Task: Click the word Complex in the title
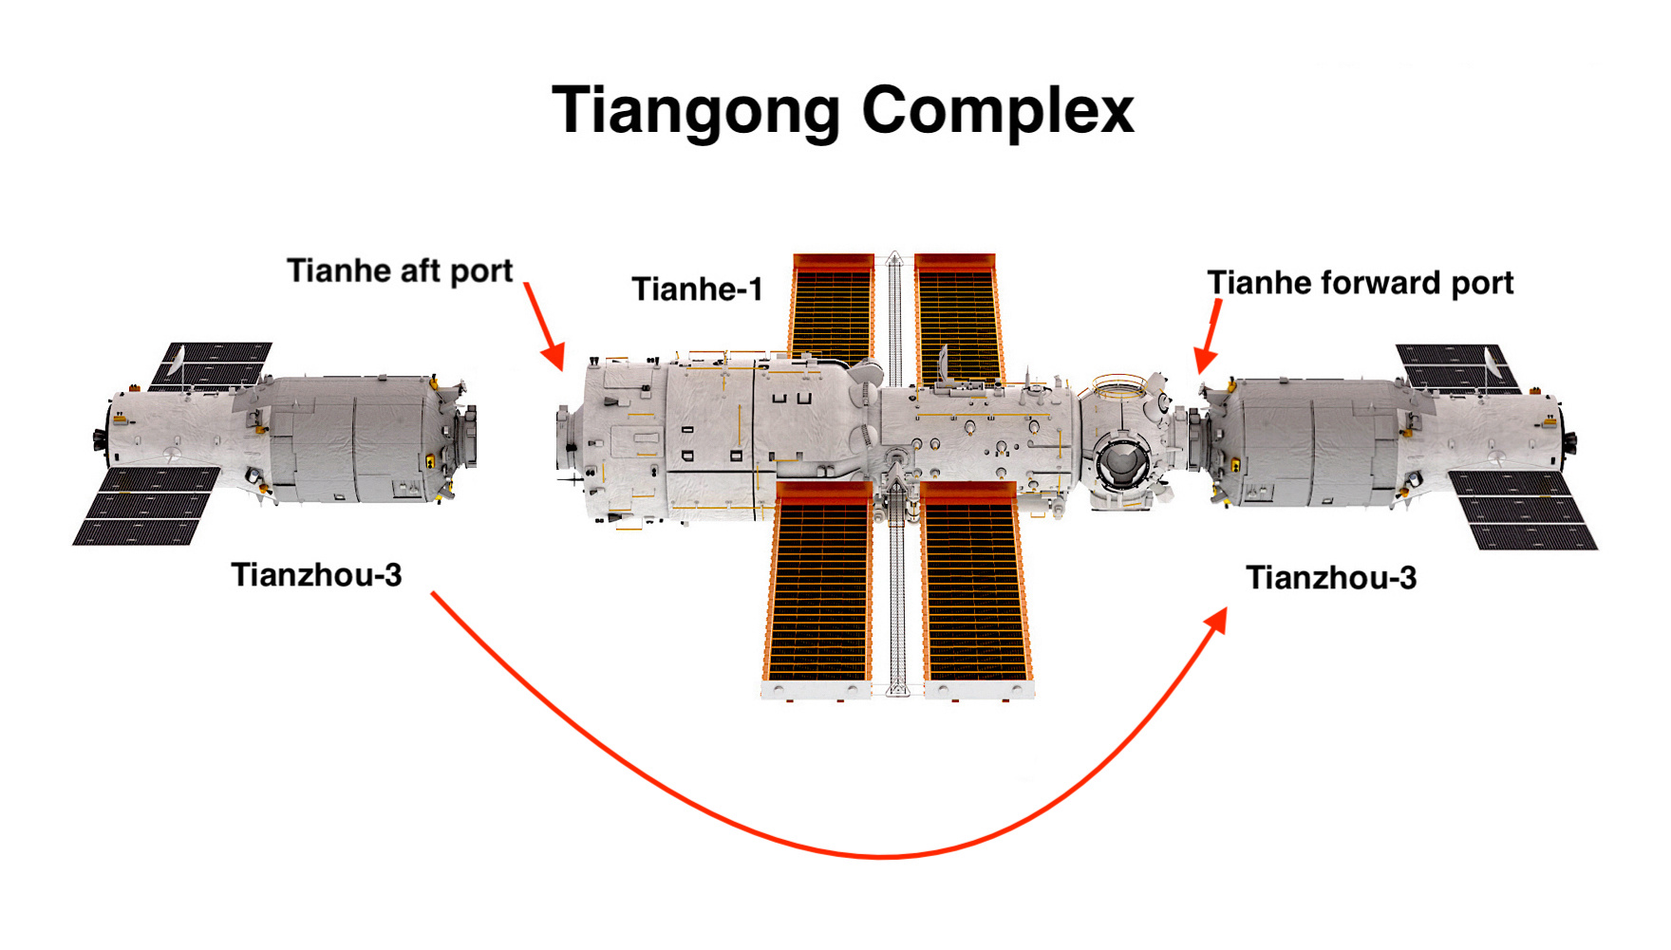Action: click(x=998, y=110)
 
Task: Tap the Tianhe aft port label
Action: click(x=400, y=271)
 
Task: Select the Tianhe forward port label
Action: click(x=1360, y=283)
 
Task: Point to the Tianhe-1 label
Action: click(x=698, y=289)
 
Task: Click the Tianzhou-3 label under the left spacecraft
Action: click(x=316, y=575)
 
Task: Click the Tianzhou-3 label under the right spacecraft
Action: click(x=1331, y=578)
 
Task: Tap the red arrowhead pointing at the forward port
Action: click(x=1205, y=359)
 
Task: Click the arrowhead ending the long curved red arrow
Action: click(x=1216, y=622)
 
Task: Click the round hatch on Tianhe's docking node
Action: click(x=1122, y=461)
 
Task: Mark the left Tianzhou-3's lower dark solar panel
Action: click(x=147, y=505)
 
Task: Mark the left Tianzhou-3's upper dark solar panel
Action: click(x=213, y=364)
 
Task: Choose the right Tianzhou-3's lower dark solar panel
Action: click(x=1523, y=510)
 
